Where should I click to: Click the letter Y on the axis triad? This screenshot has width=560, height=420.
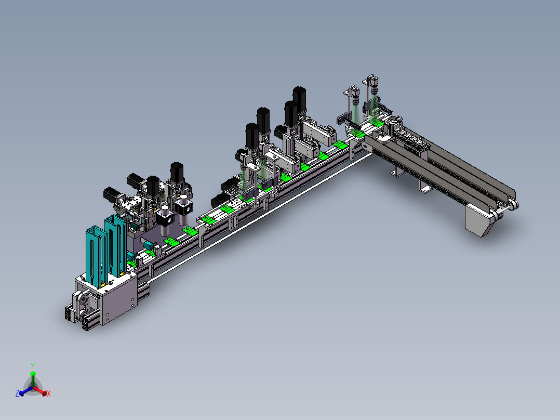tap(33, 365)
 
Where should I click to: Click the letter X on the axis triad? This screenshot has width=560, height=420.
tap(49, 393)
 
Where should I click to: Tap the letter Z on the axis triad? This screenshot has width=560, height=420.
tap(17, 393)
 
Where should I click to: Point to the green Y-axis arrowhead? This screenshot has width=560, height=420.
tap(33, 374)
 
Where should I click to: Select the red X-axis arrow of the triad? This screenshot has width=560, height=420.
tap(39, 390)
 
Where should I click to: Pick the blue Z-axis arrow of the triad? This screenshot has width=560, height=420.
tap(26, 391)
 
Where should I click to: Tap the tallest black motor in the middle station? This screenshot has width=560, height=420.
tap(299, 99)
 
